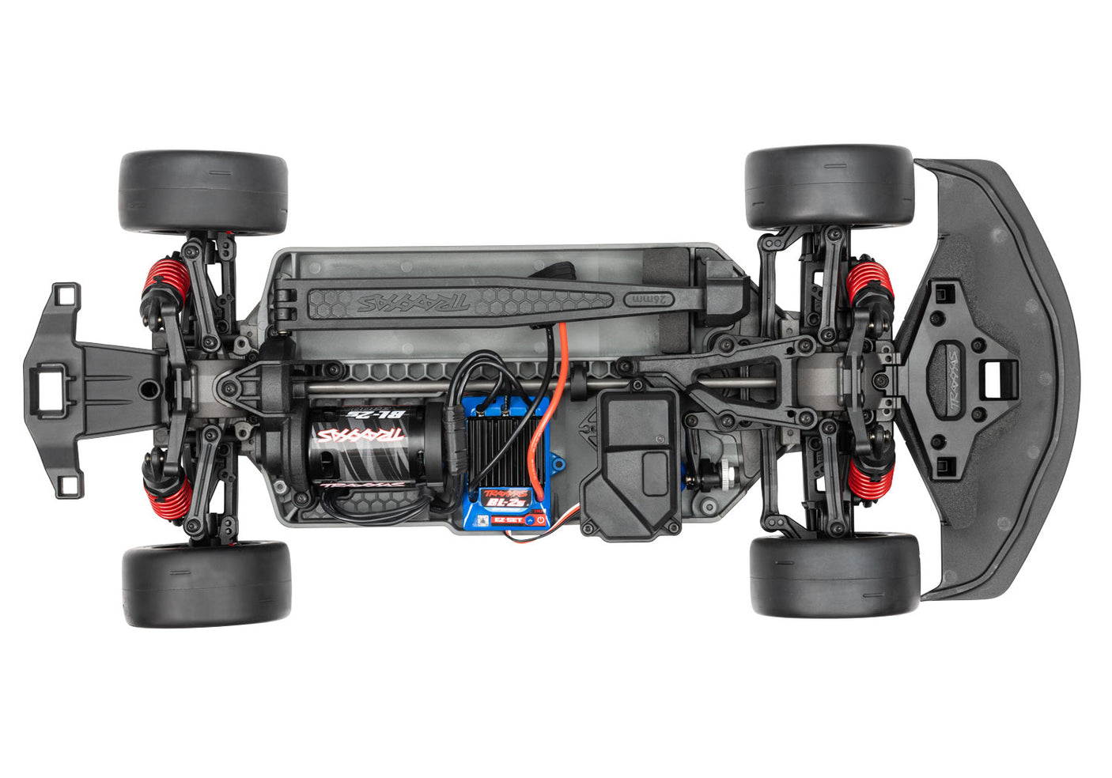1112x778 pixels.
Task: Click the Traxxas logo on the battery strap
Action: coord(411,301)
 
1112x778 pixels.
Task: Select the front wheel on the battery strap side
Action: coord(829,187)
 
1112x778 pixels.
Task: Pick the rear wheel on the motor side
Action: coord(206,583)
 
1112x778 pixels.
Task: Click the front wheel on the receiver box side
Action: coord(834,575)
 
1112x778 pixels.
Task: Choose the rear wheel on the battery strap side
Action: coord(203,193)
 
